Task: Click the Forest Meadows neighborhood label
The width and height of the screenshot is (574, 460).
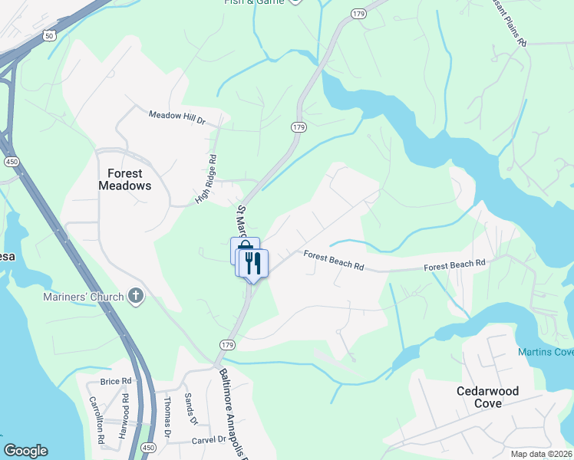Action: (x=124, y=179)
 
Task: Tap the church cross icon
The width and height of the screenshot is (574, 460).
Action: (x=136, y=296)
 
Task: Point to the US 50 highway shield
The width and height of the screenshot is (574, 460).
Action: (x=50, y=36)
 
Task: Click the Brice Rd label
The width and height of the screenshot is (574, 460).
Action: (x=116, y=381)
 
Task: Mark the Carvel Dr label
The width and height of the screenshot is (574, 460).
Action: (x=210, y=440)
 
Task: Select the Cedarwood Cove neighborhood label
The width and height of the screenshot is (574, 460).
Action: (x=487, y=397)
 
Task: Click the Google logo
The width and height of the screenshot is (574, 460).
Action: (x=25, y=451)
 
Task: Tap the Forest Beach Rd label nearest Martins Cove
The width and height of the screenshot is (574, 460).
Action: (x=456, y=264)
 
